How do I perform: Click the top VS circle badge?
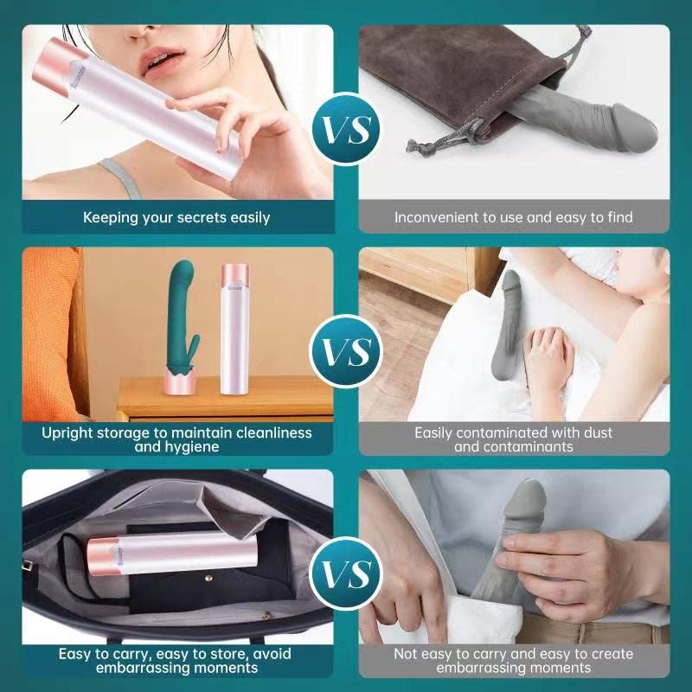pyautogui.click(x=347, y=128)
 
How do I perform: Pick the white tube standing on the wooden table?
pyautogui.click(x=234, y=329)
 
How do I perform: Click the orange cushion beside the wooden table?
pyautogui.click(x=52, y=334)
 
